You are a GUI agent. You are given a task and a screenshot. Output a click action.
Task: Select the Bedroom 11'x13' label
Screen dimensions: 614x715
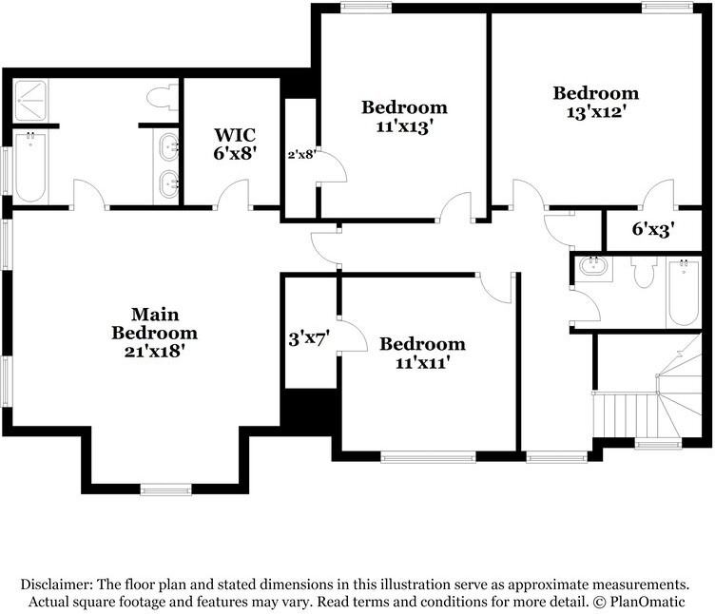click(404, 116)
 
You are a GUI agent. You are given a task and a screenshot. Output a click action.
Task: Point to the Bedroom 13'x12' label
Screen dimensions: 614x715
click(596, 102)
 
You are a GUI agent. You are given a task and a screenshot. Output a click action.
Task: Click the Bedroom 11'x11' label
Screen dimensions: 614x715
click(422, 353)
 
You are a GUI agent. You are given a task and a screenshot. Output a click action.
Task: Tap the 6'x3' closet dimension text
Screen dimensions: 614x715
click(653, 229)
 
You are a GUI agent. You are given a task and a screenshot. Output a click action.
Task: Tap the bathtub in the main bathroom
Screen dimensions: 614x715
click(29, 168)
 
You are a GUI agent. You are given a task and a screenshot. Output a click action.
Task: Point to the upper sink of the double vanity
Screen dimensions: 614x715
click(168, 147)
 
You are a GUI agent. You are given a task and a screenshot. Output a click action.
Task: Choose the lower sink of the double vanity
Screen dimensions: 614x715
click(168, 184)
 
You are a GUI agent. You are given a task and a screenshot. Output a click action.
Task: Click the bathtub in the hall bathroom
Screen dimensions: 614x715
click(683, 293)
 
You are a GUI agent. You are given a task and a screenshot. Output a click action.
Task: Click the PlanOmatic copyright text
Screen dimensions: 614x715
click(652, 603)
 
